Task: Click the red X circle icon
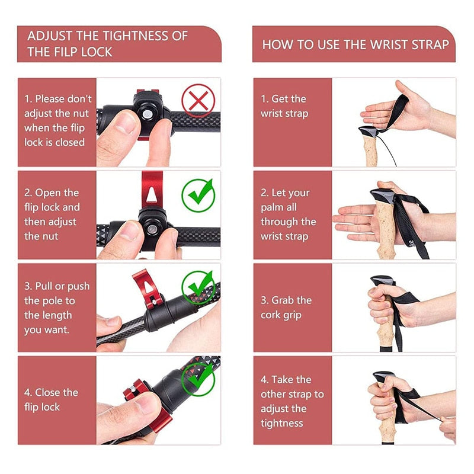198,100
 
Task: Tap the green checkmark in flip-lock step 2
198,196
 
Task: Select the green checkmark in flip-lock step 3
198,288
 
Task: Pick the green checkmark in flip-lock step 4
198,379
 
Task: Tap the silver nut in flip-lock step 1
147,114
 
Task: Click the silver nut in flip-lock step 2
152,229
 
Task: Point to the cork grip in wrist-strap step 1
371,150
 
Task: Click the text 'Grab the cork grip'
286,308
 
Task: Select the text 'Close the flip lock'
51,399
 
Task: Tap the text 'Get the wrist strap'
284,106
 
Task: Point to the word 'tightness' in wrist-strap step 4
282,423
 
